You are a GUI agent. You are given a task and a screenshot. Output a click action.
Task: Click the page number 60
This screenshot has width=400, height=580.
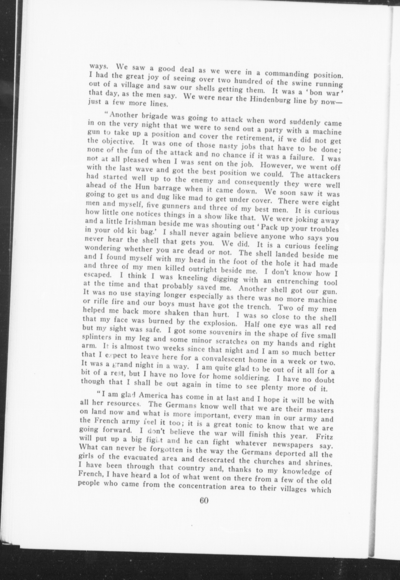[204, 500]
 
